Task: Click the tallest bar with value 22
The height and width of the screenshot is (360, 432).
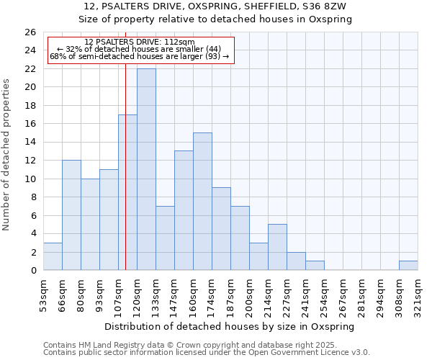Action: (x=146, y=169)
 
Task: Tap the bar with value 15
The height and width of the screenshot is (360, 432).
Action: (x=202, y=202)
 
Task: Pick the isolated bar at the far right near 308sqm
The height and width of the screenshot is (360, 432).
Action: (x=408, y=266)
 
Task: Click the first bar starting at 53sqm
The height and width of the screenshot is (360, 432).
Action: (x=53, y=256)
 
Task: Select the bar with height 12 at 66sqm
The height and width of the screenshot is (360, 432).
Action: (x=71, y=215)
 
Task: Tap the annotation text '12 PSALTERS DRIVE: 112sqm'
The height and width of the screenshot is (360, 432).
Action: (x=139, y=42)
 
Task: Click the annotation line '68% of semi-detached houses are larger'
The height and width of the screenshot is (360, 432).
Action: (x=139, y=56)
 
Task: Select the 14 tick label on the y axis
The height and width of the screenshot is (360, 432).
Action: (x=30, y=143)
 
